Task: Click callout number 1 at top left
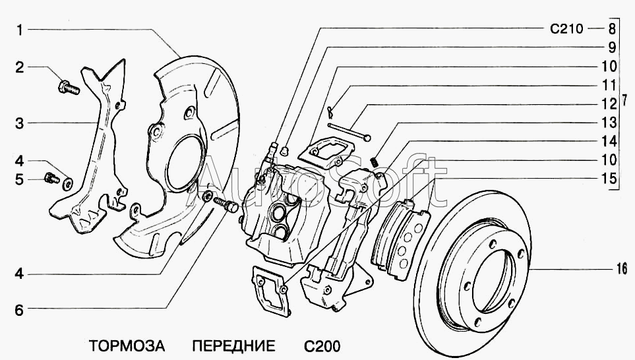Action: (19, 30)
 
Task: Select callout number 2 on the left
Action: (20, 67)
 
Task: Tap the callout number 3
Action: (19, 123)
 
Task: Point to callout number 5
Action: (19, 179)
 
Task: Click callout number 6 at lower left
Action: (19, 310)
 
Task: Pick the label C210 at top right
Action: (566, 28)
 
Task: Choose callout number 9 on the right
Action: (612, 47)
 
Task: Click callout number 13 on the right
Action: (608, 122)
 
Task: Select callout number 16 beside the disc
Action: (622, 268)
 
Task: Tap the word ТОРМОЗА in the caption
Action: (127, 346)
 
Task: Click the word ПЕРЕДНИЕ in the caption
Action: (233, 346)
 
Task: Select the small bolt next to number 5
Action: (51, 177)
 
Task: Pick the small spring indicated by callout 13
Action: (375, 162)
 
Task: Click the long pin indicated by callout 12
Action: (349, 132)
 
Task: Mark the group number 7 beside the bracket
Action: (624, 100)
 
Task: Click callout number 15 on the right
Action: (608, 179)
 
